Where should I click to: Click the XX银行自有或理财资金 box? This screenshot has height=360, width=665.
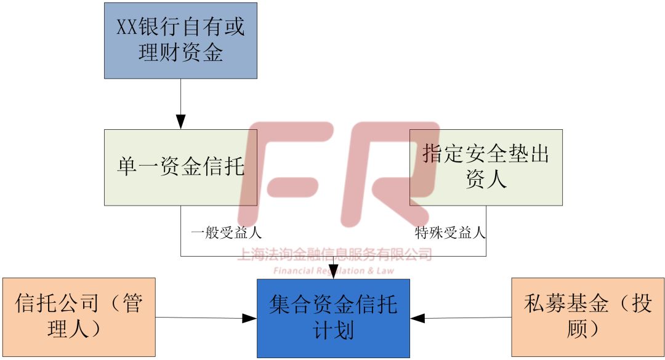(x=180, y=41)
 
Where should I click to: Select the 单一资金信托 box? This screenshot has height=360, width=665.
(x=180, y=167)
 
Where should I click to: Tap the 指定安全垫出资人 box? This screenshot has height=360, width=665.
(x=486, y=167)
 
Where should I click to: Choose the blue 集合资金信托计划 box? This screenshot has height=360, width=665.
(x=333, y=318)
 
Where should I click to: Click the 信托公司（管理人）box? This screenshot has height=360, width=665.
(x=79, y=317)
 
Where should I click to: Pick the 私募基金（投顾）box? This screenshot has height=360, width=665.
(x=588, y=317)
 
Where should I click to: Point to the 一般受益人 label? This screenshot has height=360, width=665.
(x=227, y=233)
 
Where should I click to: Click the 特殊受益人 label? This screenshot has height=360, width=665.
(x=450, y=233)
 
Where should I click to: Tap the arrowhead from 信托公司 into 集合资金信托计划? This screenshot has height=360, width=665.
(x=249, y=318)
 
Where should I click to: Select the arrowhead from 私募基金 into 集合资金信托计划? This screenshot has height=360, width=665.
(x=418, y=318)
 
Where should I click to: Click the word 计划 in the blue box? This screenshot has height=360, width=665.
(x=333, y=330)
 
